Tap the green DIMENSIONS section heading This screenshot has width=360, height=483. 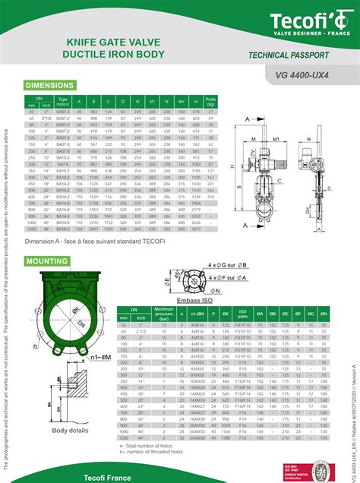point(50,85)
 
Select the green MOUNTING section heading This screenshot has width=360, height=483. point(48,260)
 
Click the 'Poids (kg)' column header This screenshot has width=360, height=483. point(211,101)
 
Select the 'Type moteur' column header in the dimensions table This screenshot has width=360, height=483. point(63,101)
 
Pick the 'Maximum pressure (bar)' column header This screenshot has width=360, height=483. point(164,313)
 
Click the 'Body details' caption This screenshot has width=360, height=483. point(70,431)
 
